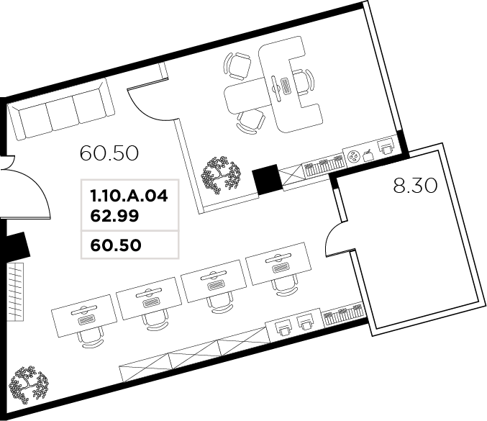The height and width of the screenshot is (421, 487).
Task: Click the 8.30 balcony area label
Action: [x=415, y=186]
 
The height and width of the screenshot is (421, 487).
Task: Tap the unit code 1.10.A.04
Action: [x=129, y=196]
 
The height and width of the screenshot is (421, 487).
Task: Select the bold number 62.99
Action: [x=114, y=216]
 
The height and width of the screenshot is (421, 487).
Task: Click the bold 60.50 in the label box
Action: [x=116, y=245]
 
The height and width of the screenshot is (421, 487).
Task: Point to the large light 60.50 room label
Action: [x=109, y=153]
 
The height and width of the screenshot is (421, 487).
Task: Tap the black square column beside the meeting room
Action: [x=267, y=180]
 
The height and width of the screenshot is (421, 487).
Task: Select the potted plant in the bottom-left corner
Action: [x=28, y=384]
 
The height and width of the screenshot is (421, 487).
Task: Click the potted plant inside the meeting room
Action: [x=221, y=175]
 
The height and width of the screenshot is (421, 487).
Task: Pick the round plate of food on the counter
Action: [x=354, y=156]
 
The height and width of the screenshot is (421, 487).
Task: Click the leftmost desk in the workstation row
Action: [x=84, y=315]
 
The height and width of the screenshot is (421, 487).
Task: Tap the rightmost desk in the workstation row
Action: [x=278, y=263]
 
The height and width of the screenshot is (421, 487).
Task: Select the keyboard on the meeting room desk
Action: [x=286, y=85]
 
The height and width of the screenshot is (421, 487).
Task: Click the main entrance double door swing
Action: [x=25, y=187]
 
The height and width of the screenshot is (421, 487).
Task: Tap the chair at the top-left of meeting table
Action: [x=237, y=65]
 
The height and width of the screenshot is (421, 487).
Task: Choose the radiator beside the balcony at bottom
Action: [x=342, y=314]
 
